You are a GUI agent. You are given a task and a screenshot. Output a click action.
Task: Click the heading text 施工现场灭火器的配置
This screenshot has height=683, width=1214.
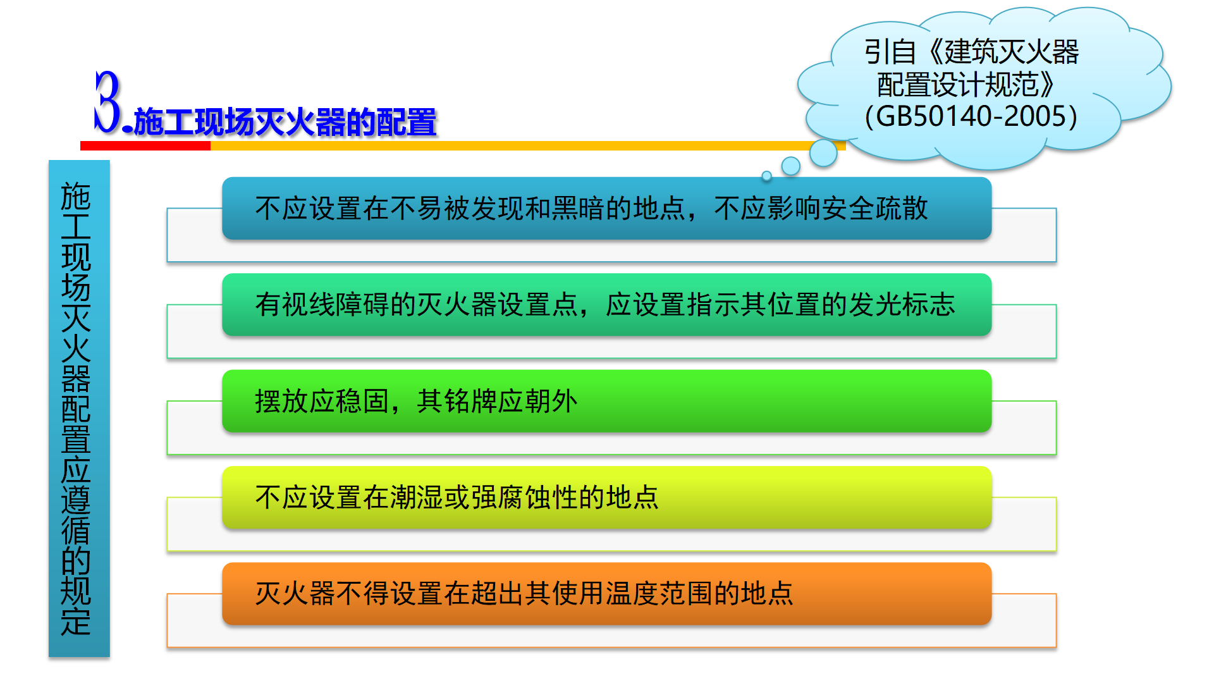[x=285, y=122]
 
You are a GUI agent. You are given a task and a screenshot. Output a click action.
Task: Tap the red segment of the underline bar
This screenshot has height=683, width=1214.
[x=145, y=145]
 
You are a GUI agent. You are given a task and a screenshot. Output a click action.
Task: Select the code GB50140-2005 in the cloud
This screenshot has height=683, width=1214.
[x=971, y=116]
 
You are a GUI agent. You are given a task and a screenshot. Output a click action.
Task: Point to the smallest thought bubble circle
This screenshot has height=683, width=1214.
[x=766, y=176]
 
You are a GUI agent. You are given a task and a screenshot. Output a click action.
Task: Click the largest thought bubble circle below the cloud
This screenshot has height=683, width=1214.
[x=823, y=153]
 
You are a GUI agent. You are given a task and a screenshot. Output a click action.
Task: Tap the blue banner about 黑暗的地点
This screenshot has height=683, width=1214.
[x=607, y=208]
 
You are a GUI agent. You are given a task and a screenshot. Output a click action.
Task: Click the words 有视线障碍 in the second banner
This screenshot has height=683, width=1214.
[x=322, y=304]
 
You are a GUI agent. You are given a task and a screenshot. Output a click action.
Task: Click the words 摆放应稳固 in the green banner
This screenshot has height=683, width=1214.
[x=322, y=401]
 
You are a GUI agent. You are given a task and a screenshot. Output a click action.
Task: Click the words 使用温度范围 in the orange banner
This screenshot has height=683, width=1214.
[x=633, y=593]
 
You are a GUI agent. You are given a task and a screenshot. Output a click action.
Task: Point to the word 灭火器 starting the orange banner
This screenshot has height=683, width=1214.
[x=295, y=593]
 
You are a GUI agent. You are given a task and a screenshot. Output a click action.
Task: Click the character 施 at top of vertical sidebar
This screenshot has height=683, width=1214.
[x=76, y=197]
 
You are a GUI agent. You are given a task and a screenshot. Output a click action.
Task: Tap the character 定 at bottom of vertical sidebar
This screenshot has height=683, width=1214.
[x=76, y=621]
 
